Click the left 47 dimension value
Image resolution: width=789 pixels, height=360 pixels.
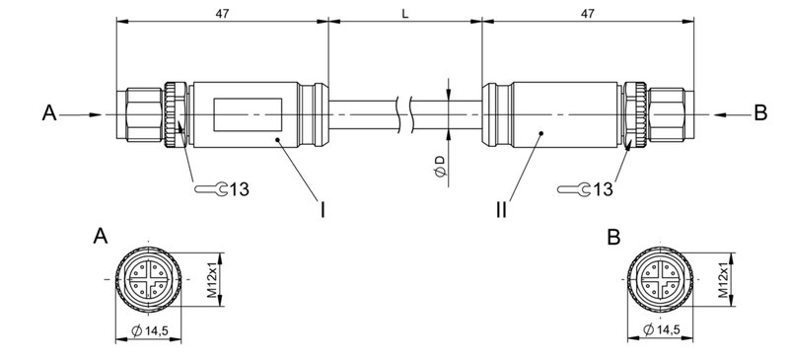(x=221, y=14)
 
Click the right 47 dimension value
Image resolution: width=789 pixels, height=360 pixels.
(x=587, y=14)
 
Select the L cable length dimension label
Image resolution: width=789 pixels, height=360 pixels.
(x=404, y=14)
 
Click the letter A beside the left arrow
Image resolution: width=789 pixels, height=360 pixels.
(x=49, y=114)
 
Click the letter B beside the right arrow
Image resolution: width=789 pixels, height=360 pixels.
(x=759, y=113)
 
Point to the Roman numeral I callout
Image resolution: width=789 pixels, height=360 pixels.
(x=323, y=208)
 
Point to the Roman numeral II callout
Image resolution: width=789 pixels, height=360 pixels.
(x=502, y=208)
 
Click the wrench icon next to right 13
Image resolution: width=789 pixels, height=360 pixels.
(x=573, y=187)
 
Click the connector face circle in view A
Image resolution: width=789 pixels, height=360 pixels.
(x=148, y=280)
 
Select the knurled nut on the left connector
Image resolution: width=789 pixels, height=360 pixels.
(x=177, y=113)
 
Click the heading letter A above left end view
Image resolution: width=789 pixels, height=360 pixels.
(x=100, y=237)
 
